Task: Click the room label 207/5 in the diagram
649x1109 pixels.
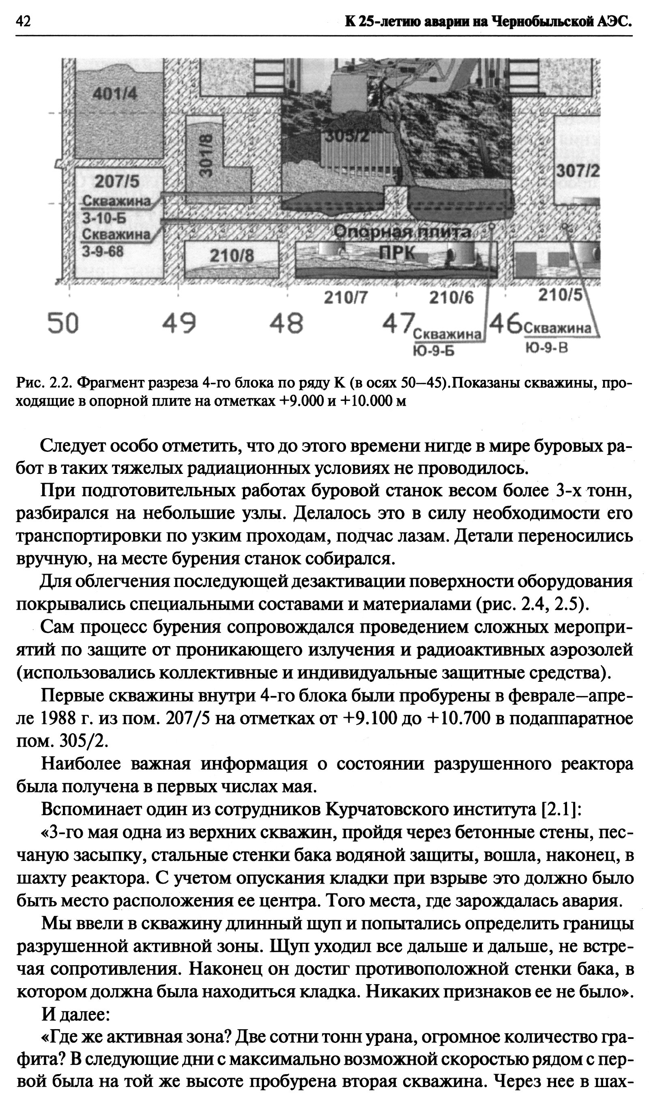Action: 117,181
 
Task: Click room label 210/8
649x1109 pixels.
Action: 232,255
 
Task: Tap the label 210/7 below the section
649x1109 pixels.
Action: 346,298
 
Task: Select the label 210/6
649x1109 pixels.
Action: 451,298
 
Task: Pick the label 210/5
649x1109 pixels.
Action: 560,295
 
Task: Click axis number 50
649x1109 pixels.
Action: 63,323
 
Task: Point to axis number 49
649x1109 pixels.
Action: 179,323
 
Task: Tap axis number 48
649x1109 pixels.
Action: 287,323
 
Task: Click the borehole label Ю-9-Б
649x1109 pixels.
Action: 433,351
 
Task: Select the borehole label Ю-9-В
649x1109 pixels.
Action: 546,348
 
